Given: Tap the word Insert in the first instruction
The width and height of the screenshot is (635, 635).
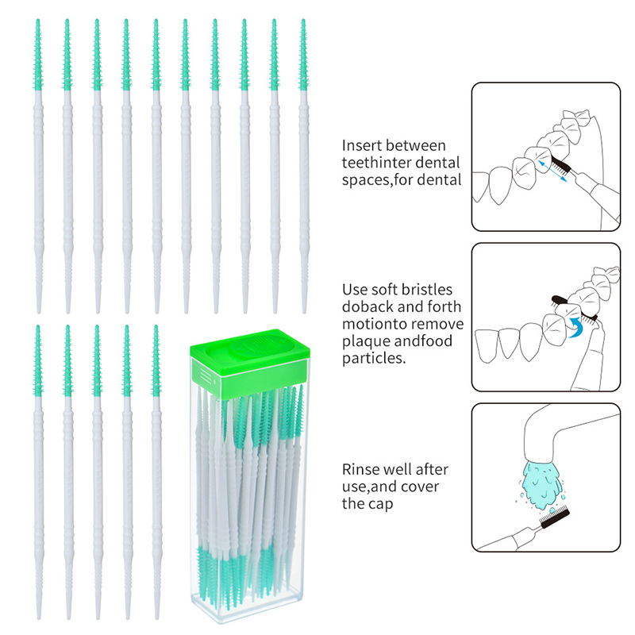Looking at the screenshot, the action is click(x=362, y=145).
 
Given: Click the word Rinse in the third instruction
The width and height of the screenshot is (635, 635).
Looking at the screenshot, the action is click(x=360, y=469).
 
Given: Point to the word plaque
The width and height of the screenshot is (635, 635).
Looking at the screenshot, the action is click(x=366, y=342).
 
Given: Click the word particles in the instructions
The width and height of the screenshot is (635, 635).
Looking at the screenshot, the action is click(x=374, y=358).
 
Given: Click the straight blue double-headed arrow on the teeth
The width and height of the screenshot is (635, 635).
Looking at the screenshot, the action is click(x=552, y=171).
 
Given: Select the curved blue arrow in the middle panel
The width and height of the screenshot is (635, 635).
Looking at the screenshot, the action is click(x=575, y=327).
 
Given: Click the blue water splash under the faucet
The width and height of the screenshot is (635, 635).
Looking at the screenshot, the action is click(x=541, y=485).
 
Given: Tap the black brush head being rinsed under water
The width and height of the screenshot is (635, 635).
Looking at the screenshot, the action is click(x=554, y=520).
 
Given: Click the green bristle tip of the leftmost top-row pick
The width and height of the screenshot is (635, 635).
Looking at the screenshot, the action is click(x=37, y=54).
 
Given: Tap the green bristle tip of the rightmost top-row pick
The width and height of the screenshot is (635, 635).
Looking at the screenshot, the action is click(x=303, y=54).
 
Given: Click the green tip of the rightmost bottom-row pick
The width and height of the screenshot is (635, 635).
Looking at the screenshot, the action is click(x=156, y=360).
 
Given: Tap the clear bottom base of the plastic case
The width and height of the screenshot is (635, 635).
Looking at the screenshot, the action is click(x=247, y=608).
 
